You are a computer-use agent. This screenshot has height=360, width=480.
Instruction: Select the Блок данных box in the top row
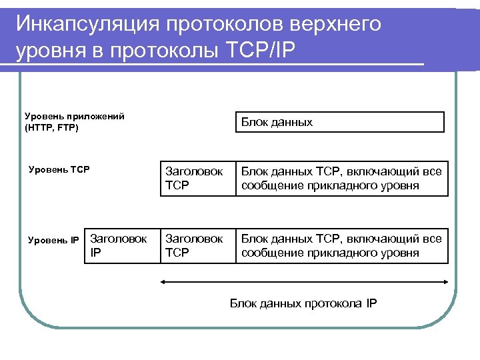pyautogui.click(x=340, y=122)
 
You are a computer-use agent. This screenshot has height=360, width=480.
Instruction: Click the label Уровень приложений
pyautogui.click(x=74, y=116)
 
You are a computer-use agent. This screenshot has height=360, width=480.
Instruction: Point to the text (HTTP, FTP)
pyautogui.click(x=51, y=127)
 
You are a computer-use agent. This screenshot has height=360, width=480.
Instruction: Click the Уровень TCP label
pyautogui.click(x=59, y=169)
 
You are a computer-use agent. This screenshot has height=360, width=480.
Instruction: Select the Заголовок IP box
pyautogui.click(x=122, y=245)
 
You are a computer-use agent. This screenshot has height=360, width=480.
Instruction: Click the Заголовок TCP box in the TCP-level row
pyautogui.click(x=198, y=179)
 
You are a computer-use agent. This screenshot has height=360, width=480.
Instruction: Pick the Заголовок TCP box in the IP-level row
pyautogui.click(x=198, y=245)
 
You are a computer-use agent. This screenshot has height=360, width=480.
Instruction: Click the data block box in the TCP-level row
pyautogui.click(x=341, y=179)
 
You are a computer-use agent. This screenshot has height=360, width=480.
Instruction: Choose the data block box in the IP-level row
pyautogui.click(x=341, y=245)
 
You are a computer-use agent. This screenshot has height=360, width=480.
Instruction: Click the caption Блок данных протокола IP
pyautogui.click(x=303, y=303)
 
